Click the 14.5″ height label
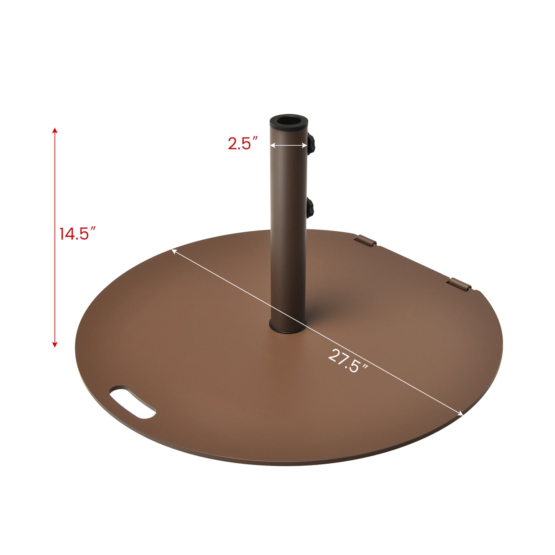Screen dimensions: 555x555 (x=77, y=234)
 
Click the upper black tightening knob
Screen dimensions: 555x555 (x=311, y=144)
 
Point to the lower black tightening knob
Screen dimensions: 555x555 (x=310, y=208)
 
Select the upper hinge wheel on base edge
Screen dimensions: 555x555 (x=366, y=241)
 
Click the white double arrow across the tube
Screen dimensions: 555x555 (x=288, y=145)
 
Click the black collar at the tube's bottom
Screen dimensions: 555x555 (x=288, y=327)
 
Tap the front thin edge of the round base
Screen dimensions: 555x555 (x=269, y=463)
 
